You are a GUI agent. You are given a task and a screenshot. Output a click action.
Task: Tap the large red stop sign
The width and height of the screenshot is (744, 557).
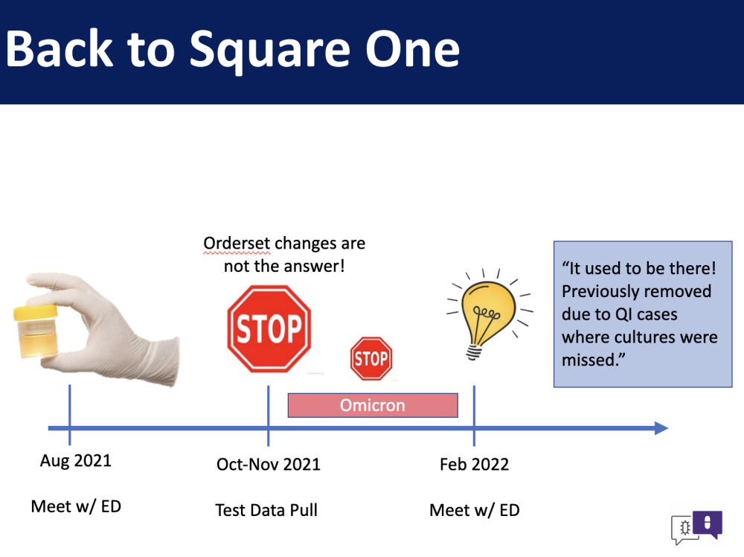click(269, 328)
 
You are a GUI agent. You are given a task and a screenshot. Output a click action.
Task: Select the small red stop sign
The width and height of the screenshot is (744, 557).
click(371, 358)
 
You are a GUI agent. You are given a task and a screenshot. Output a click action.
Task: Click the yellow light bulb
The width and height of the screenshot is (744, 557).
click(490, 313)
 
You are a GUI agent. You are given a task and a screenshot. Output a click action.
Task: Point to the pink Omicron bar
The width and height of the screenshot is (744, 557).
click(373, 405)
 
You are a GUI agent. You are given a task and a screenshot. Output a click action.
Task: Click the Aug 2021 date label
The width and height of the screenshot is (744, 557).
click(76, 461)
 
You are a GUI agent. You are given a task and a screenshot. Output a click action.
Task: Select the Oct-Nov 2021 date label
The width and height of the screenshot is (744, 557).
click(269, 464)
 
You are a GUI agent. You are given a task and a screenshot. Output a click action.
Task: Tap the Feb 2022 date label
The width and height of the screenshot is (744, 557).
click(475, 464)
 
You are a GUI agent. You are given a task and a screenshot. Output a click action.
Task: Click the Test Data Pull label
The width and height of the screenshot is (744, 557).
click(266, 510)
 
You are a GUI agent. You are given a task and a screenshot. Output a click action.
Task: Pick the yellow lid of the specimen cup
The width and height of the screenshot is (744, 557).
click(36, 312)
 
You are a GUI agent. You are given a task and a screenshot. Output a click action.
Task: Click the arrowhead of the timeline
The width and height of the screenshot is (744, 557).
click(661, 428)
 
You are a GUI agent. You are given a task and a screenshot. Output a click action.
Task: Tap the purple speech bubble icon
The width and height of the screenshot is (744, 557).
click(708, 523)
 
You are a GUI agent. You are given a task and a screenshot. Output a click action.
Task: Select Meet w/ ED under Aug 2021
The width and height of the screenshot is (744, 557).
click(76, 506)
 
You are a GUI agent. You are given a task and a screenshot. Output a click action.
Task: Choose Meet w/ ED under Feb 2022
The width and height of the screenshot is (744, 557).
click(475, 510)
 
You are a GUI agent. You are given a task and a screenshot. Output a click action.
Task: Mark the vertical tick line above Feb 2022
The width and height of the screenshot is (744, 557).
click(474, 416)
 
